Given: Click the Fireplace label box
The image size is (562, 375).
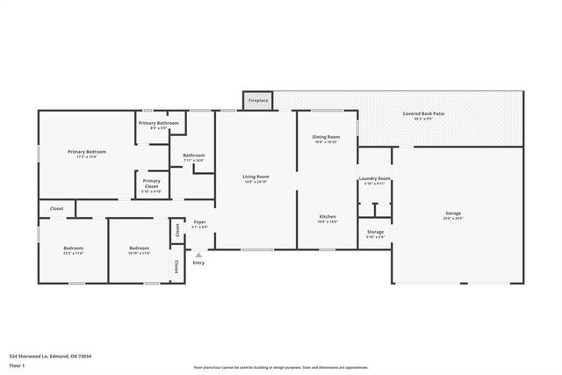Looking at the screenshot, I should [258, 100].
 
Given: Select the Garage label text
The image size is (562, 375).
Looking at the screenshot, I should [453, 214].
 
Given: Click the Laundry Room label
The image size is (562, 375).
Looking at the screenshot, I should [374, 180].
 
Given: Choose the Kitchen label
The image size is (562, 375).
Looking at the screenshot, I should [327, 218].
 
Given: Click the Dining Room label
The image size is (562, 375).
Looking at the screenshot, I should [326, 139].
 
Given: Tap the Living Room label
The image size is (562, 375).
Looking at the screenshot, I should [256, 178].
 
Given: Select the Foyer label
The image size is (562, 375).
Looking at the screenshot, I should [199, 223].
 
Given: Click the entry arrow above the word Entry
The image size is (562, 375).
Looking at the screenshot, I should [198, 254].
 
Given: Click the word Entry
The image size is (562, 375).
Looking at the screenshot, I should [198, 263].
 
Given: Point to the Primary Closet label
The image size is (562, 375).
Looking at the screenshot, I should [151, 184].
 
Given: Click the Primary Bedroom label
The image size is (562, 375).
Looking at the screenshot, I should [87, 154].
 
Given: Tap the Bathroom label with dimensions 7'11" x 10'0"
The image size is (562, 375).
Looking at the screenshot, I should [193, 157].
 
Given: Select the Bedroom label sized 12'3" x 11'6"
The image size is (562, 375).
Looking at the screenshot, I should [73, 250].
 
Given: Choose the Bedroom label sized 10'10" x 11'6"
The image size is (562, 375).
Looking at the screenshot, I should [140, 250].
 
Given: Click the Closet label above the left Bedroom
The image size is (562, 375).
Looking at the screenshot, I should [56, 208].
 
